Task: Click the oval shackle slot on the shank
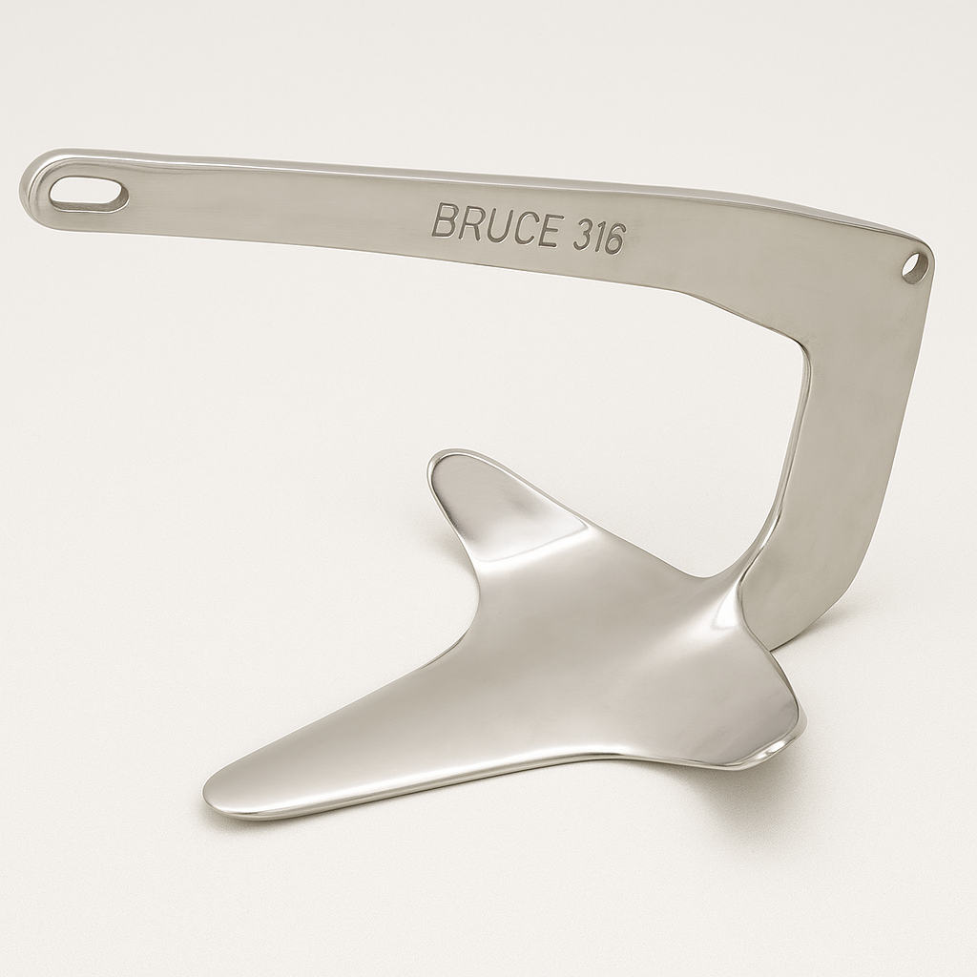(x=89, y=195)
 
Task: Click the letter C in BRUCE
(x=522, y=227)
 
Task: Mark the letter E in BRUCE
(x=547, y=230)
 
